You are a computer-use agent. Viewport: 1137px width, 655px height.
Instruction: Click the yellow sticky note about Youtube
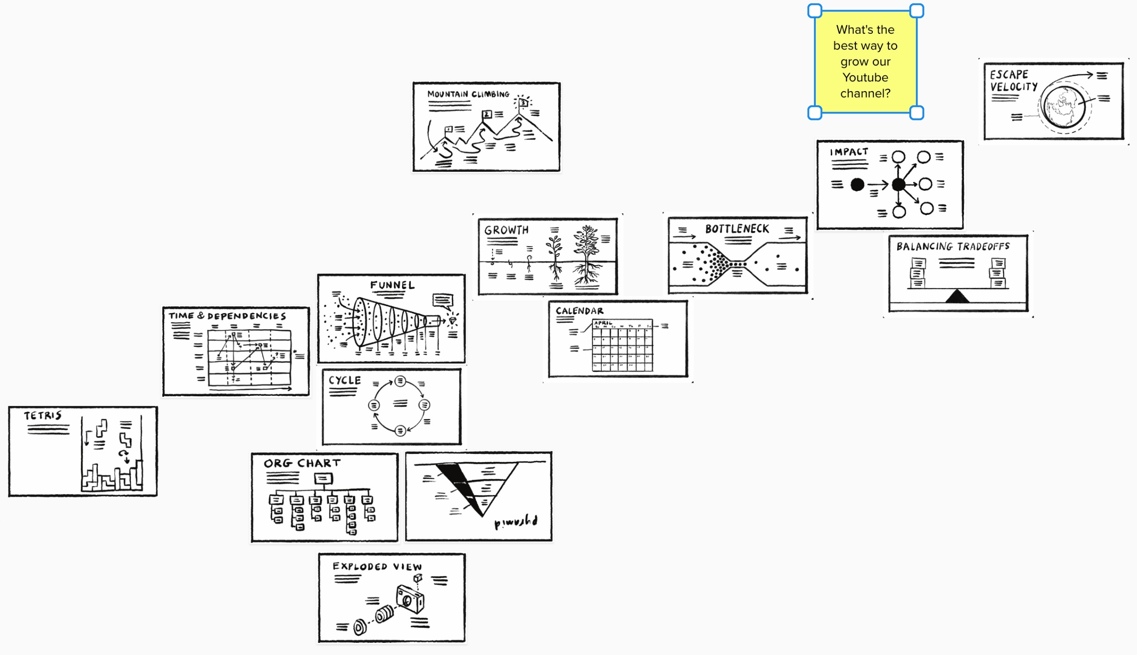tap(865, 62)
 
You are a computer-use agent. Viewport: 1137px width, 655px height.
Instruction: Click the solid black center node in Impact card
tap(898, 184)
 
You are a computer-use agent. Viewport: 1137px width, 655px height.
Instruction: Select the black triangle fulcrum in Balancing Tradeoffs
tap(957, 297)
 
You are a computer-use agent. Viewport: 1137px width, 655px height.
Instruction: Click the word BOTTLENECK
tap(737, 229)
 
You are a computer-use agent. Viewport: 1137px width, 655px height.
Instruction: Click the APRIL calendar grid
tap(622, 346)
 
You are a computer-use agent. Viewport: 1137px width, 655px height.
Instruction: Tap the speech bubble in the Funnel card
tap(442, 299)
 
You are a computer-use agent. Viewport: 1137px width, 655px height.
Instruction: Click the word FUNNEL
tap(392, 285)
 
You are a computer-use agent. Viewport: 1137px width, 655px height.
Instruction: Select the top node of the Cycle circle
tap(400, 381)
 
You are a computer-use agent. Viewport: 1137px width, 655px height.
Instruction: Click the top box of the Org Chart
tap(323, 478)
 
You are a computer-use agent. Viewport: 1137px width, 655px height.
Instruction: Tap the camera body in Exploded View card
tap(410, 599)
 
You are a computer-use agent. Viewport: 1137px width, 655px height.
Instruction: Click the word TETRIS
tap(43, 415)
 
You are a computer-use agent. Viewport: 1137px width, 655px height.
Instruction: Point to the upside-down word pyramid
tap(516, 521)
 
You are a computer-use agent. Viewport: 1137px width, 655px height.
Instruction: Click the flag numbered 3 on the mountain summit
tap(523, 102)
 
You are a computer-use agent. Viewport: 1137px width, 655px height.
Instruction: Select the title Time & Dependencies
tap(227, 316)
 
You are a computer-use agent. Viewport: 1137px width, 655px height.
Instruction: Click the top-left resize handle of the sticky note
tap(815, 11)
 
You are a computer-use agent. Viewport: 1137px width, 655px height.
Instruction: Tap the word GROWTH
tap(506, 230)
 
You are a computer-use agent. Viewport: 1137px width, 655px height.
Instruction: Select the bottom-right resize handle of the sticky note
tap(917, 113)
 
